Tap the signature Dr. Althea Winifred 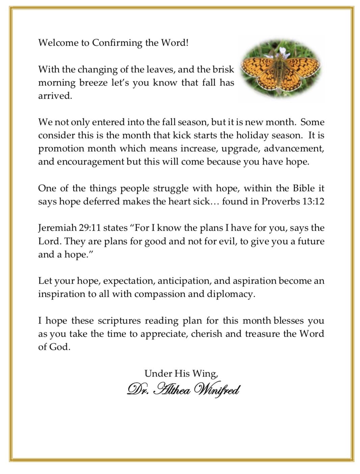pos(183,390)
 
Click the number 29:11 pos(90,228)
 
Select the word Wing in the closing pos(205,374)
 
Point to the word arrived pos(55,96)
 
